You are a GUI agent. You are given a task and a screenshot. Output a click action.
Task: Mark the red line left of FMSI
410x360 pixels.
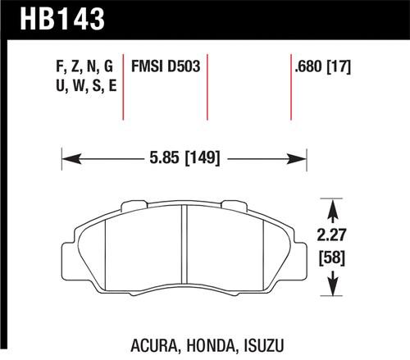click(x=124, y=86)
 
